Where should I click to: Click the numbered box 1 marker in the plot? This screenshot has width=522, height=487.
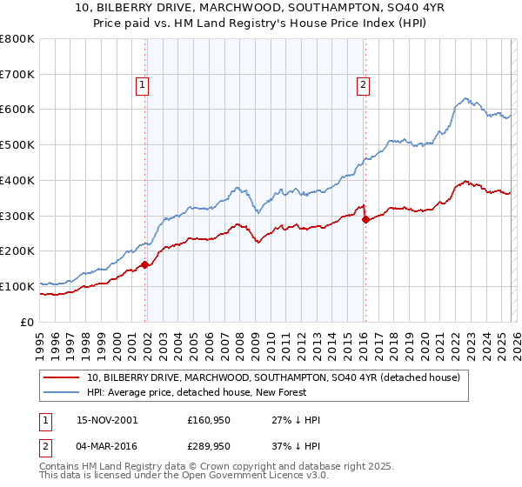point(142,85)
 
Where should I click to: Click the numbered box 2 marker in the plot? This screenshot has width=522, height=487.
point(362,85)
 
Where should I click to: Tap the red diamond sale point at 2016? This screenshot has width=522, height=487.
point(365,219)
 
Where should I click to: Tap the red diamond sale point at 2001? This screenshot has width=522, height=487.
point(145,264)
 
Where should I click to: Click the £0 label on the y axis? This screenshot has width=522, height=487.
point(27,322)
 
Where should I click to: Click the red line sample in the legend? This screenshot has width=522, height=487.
point(63,377)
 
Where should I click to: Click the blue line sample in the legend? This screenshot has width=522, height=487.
point(63,392)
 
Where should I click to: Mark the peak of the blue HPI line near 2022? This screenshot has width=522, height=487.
point(466,98)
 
